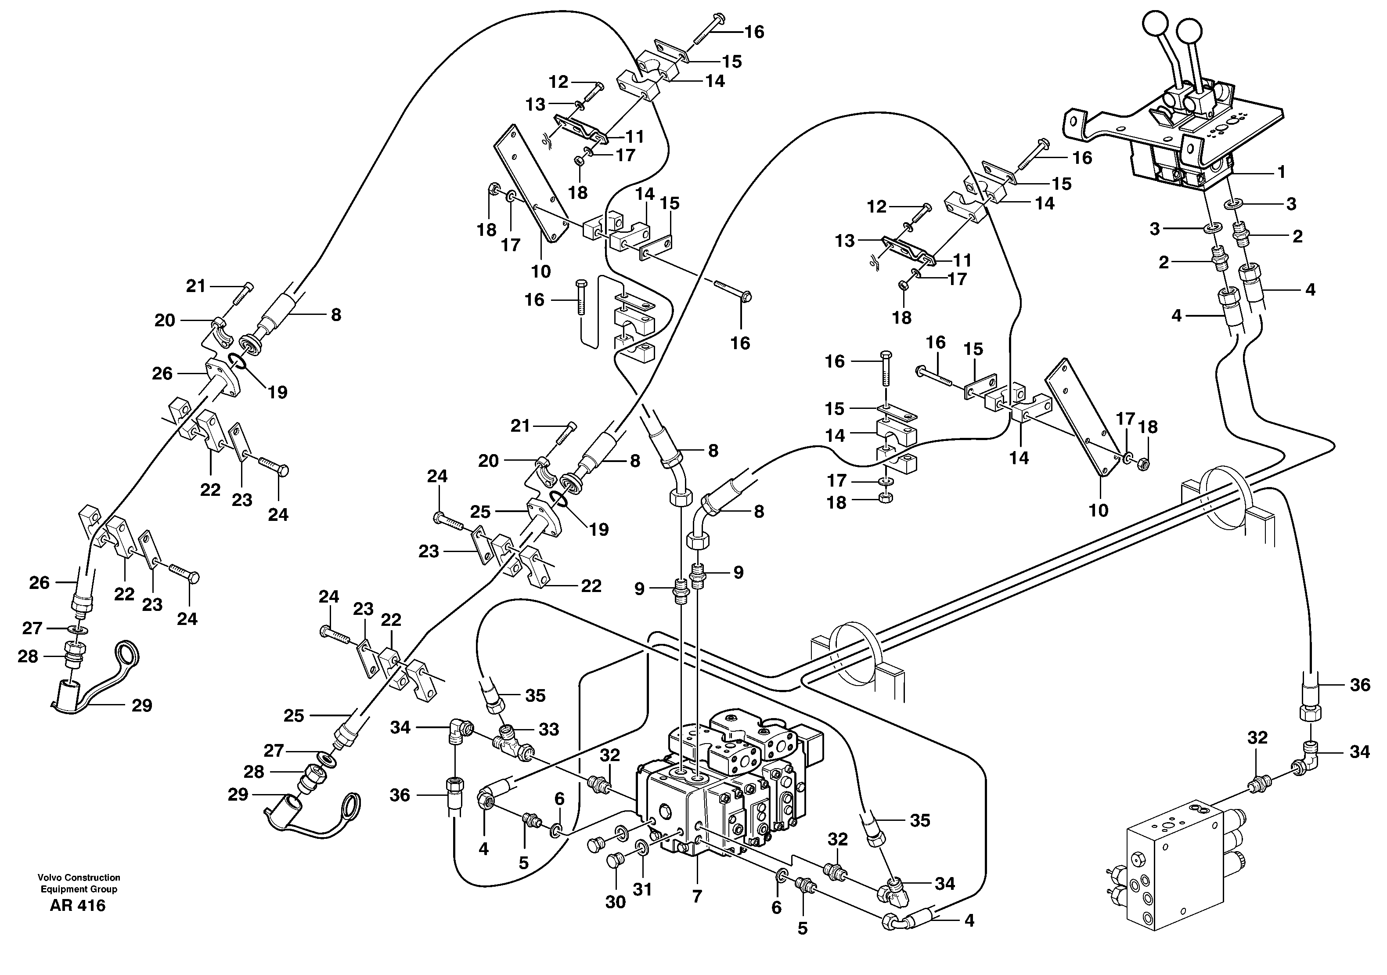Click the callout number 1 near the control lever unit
pos(1281,172)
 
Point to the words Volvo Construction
pos(79,877)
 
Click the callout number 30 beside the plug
pos(615,902)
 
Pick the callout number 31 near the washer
pos(642,890)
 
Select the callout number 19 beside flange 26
pos(277,393)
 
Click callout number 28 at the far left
pos(28,656)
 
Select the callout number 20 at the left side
pos(164,320)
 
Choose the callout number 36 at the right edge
pos(1360,685)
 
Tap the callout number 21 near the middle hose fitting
pos(520,426)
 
